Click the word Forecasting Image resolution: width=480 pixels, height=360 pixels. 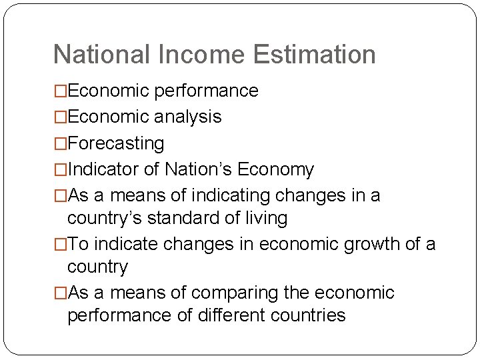[x=115, y=143]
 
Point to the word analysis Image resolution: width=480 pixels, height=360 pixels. [x=188, y=117]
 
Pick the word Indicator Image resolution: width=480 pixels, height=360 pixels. [x=103, y=170]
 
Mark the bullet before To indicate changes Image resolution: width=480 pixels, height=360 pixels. [x=61, y=245]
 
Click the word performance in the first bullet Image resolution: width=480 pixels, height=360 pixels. [x=206, y=91]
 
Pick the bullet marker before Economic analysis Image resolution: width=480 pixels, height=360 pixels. [x=61, y=117]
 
